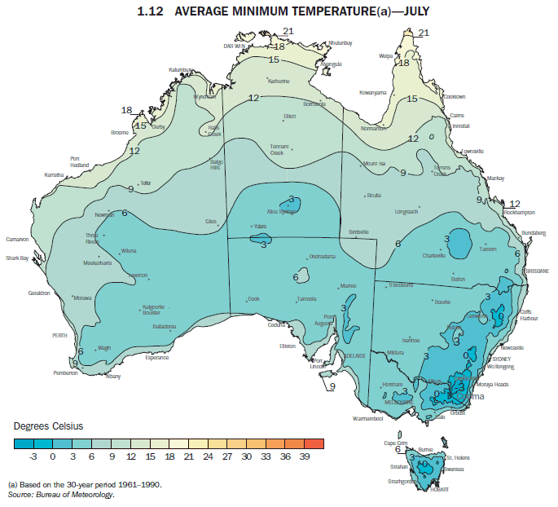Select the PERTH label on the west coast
[x=59, y=335]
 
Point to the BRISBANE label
[x=537, y=271]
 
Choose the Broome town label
[x=119, y=132]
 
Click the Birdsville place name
[x=359, y=231]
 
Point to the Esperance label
[x=156, y=357]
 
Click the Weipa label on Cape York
[x=386, y=56]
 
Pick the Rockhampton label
[x=519, y=212]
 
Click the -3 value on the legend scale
[x=33, y=459]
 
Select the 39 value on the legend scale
[x=304, y=459]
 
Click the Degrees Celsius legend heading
[x=48, y=426]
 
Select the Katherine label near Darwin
[x=279, y=81]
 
